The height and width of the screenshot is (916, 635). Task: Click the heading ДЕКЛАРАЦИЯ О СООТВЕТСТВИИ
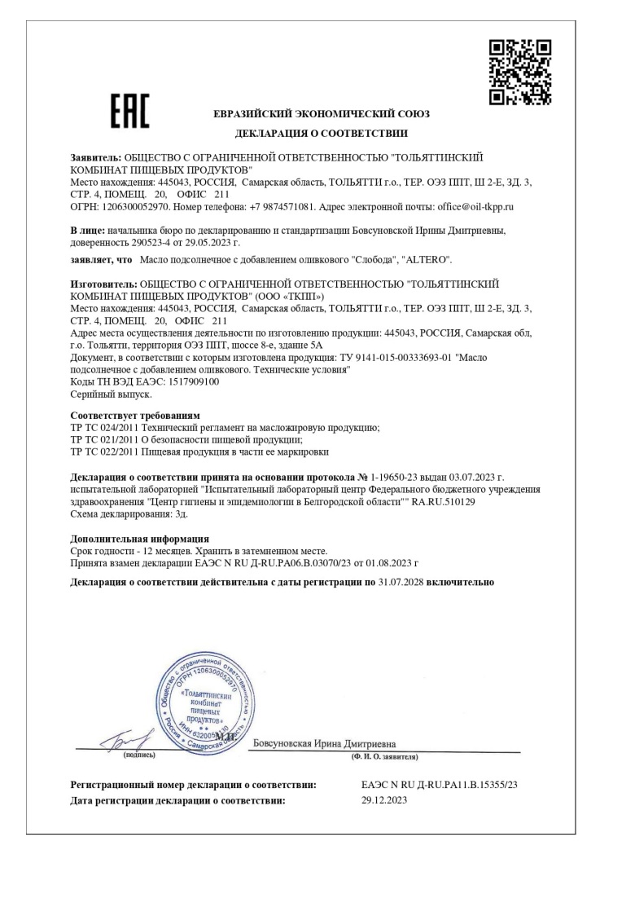coord(322,133)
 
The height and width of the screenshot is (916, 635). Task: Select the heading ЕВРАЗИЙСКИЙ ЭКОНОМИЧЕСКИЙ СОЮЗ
coord(322,114)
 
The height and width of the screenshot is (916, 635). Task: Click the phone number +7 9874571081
coord(267,208)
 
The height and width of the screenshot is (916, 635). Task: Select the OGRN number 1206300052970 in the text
coord(134,208)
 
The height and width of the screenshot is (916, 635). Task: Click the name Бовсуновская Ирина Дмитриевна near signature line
coord(324,742)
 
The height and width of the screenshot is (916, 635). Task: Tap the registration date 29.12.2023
coord(384,800)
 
